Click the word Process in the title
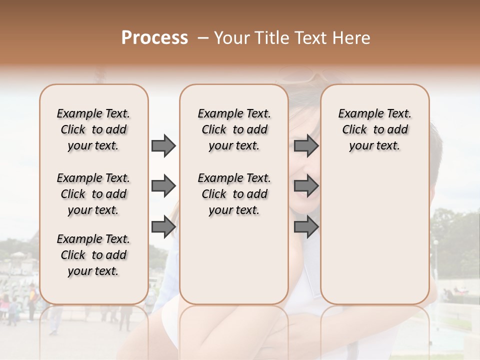pos(154,38)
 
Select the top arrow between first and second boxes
pos(163,145)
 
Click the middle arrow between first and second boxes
pos(163,186)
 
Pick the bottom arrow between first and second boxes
pos(163,227)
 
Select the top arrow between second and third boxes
pos(306,145)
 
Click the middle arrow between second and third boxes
pos(306,186)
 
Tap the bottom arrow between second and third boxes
pos(306,227)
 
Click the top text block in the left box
pos(93,129)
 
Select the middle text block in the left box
pos(93,194)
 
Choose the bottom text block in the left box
pos(93,255)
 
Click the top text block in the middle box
pos(234,129)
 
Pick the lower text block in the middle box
pos(234,194)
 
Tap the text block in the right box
pos(375,129)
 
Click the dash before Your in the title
pos(203,38)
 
